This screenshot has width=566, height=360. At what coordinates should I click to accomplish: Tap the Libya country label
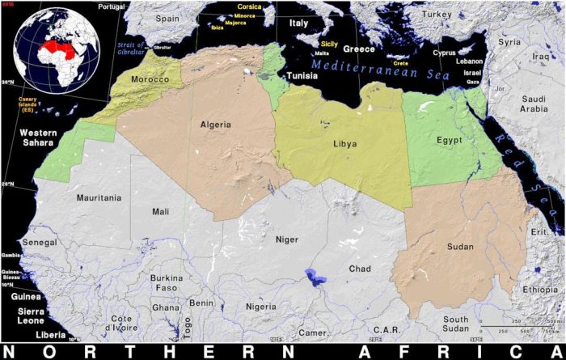click(x=344, y=144)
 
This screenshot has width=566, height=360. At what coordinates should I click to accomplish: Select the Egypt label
click(x=449, y=139)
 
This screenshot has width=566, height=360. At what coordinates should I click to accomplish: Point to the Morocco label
click(x=150, y=80)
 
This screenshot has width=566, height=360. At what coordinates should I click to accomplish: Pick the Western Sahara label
click(x=36, y=137)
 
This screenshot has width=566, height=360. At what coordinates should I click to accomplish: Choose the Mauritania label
click(x=99, y=197)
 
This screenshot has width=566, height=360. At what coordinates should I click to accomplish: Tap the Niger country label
click(x=287, y=239)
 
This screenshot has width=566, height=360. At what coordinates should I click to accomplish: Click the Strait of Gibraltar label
click(x=130, y=49)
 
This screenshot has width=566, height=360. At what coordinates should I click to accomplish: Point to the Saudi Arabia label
click(x=534, y=103)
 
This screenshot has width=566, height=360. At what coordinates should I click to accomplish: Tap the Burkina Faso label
click(x=166, y=282)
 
